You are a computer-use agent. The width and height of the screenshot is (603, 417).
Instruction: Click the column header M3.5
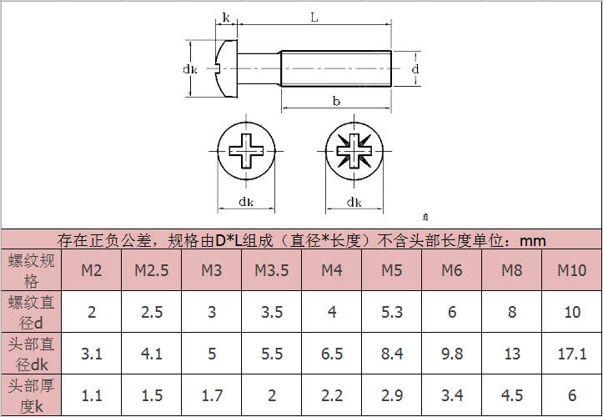click(x=272, y=270)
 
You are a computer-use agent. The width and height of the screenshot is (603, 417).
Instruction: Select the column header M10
click(x=572, y=270)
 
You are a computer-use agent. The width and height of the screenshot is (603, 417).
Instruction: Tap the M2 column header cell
click(x=92, y=270)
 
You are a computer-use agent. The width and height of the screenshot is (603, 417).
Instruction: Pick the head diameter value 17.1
click(x=572, y=354)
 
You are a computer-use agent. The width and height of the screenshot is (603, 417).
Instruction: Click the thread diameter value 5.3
click(x=392, y=312)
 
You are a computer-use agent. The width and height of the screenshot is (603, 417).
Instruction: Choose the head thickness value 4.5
click(x=512, y=395)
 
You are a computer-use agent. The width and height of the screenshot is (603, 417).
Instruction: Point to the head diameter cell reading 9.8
click(x=452, y=354)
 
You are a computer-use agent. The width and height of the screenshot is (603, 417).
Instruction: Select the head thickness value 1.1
click(x=92, y=395)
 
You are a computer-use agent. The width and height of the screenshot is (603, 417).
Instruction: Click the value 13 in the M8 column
click(x=512, y=354)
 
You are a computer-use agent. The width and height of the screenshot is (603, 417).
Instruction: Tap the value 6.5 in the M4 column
click(x=332, y=354)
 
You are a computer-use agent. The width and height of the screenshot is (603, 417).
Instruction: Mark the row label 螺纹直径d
click(x=31, y=312)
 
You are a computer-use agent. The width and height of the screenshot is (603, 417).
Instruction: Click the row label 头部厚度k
click(x=31, y=395)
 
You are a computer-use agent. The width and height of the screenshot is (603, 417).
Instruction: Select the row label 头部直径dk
click(x=31, y=354)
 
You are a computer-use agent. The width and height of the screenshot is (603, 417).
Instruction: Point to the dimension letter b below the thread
click(x=336, y=101)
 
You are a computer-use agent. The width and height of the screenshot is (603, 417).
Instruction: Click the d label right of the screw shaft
click(x=415, y=69)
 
